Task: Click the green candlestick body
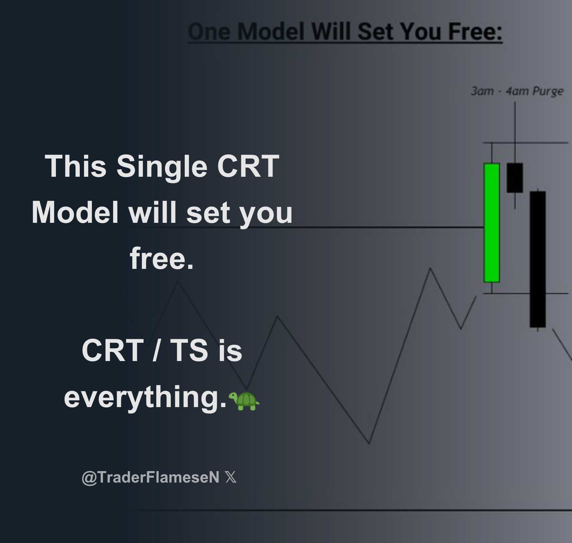492,222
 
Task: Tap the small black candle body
515,178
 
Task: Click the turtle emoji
244,401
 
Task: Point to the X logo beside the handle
231,477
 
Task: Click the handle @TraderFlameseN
150,477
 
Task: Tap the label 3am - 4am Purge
517,91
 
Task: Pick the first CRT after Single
248,166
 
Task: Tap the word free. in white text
162,258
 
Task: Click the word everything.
145,397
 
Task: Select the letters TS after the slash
189,350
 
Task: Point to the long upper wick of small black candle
515,131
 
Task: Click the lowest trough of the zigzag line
369,443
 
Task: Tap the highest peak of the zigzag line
430,269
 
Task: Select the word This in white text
76,166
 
